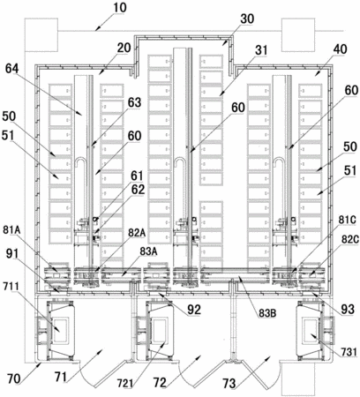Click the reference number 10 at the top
120,7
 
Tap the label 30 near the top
247,19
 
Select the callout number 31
261,49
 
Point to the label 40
340,49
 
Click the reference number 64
11,69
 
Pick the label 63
134,102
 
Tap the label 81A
12,229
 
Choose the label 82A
137,233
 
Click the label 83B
267,313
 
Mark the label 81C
349,220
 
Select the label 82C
350,240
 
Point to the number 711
11,286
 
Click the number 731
349,352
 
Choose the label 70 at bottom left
14,378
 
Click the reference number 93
347,309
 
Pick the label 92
194,310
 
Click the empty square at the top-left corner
41,34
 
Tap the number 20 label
124,48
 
